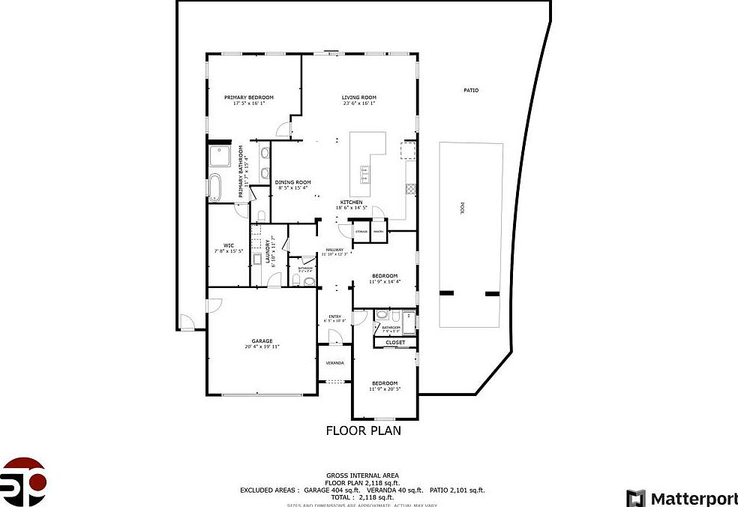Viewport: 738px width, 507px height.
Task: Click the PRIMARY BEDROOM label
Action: pyautogui.click(x=249, y=97)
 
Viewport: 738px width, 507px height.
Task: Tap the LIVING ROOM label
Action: pyautogui.click(x=358, y=97)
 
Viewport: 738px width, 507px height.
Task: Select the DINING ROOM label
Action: pyautogui.click(x=292, y=182)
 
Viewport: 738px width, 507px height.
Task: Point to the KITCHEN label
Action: pyautogui.click(x=352, y=202)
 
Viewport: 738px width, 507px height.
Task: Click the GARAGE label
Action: pyautogui.click(x=262, y=341)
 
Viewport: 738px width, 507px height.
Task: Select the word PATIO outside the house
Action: pyautogui.click(x=471, y=91)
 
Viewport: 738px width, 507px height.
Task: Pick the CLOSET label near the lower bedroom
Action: pyautogui.click(x=395, y=343)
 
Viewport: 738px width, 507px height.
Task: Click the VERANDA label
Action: pyautogui.click(x=334, y=363)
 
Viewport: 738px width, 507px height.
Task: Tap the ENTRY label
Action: pyautogui.click(x=334, y=316)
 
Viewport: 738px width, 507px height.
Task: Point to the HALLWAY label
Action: pyautogui.click(x=334, y=250)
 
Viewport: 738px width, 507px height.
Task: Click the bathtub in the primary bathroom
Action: pyautogui.click(x=216, y=187)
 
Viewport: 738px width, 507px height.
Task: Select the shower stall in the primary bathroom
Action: pyautogui.click(x=220, y=156)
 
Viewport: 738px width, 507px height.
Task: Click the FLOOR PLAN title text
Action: pyautogui.click(x=363, y=430)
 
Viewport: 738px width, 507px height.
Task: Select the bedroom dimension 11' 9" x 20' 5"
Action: pyautogui.click(x=384, y=389)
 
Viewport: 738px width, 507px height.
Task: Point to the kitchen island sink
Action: pyautogui.click(x=365, y=173)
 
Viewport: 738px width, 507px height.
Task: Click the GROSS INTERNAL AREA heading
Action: pyautogui.click(x=362, y=475)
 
